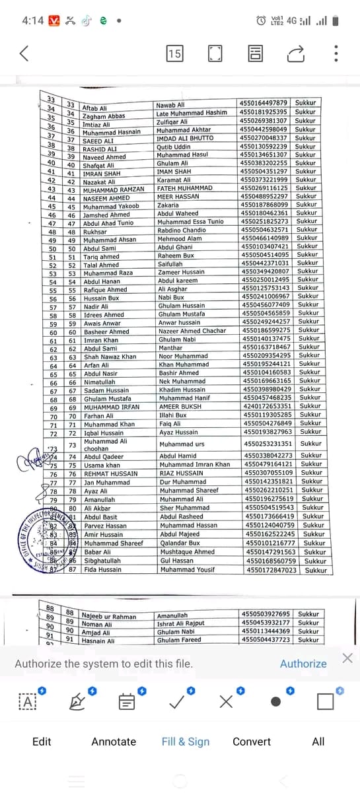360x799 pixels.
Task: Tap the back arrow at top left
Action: (24, 53)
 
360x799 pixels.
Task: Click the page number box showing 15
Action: (174, 53)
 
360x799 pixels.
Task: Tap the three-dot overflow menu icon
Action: (336, 53)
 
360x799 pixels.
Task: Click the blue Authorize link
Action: (303, 664)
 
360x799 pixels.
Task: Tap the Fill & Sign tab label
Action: (186, 742)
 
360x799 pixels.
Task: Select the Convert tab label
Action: (252, 742)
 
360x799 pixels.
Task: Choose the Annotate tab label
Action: (114, 742)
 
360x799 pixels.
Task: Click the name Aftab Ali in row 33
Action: (94, 108)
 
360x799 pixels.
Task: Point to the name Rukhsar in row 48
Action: (95, 232)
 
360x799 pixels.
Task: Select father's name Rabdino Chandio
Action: (182, 230)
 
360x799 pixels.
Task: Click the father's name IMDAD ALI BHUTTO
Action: (184, 138)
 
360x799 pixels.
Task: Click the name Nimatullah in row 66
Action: (99, 382)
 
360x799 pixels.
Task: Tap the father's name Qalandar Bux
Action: (180, 543)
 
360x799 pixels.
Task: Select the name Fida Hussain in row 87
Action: (102, 569)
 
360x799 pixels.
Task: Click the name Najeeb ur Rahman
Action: (108, 616)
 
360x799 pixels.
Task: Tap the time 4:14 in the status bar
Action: (32, 20)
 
